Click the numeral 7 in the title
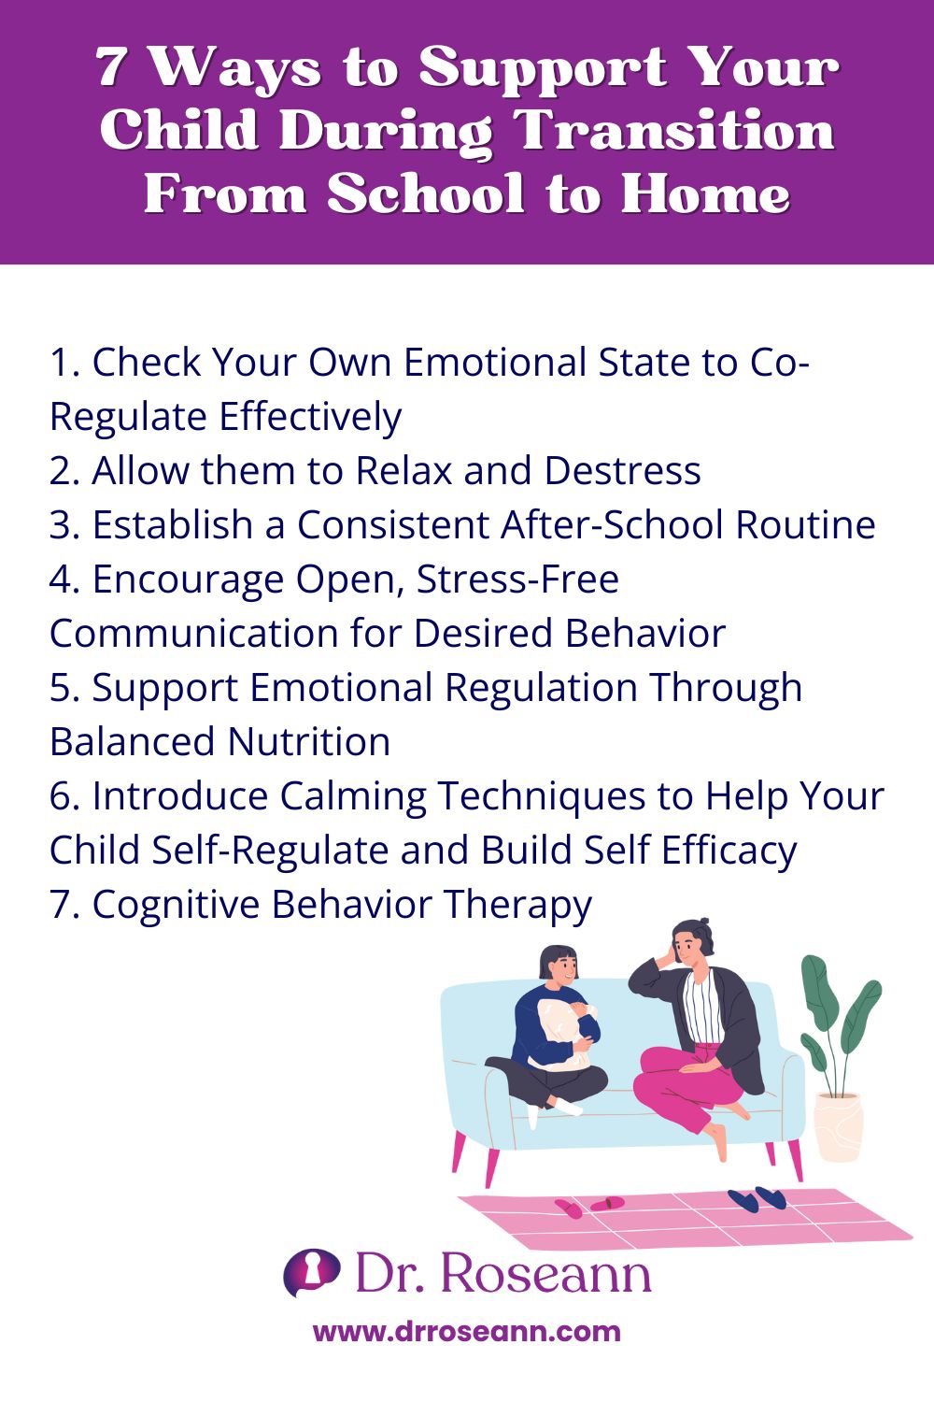click(x=111, y=67)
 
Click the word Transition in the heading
click(x=676, y=131)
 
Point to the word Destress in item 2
click(x=622, y=471)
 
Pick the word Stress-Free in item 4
click(x=517, y=579)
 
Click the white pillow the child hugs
click(x=560, y=1033)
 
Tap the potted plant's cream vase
click(x=837, y=1126)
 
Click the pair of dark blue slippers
click(x=757, y=1199)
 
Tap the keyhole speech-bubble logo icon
click(x=311, y=1272)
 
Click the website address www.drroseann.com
click(x=466, y=1331)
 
